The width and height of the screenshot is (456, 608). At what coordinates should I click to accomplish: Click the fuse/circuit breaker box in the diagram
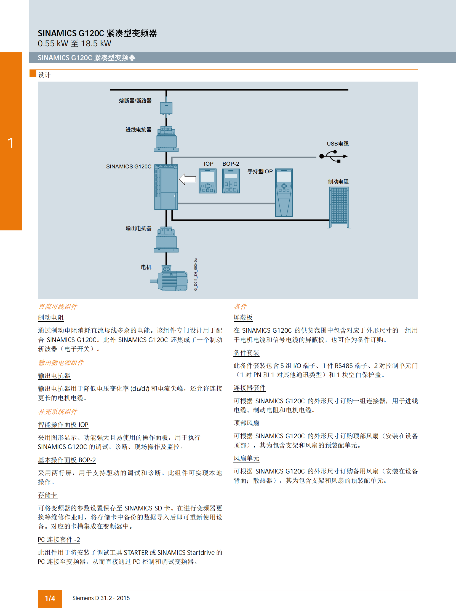click(x=166, y=108)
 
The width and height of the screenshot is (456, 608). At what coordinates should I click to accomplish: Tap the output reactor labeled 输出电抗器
click(x=166, y=240)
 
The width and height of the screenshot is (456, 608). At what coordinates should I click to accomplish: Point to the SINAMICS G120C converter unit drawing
click(x=166, y=187)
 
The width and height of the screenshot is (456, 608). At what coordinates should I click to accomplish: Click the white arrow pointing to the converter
click(x=188, y=179)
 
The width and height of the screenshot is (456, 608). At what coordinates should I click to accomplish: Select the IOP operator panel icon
click(x=207, y=181)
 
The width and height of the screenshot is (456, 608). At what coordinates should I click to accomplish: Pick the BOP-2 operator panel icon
click(x=231, y=181)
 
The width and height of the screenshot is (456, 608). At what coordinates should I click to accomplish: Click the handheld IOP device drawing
click(x=284, y=192)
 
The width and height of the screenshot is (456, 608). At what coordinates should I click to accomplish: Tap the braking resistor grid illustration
click(x=339, y=206)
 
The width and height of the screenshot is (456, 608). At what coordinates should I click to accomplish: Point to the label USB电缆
click(x=338, y=144)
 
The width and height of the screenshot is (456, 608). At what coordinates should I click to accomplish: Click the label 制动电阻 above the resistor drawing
click(x=338, y=182)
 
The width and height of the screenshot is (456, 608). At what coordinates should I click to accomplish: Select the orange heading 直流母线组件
click(x=58, y=306)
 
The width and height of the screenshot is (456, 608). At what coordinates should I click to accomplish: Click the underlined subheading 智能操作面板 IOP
click(x=63, y=424)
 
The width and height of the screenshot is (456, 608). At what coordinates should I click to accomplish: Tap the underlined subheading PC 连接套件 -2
click(x=59, y=539)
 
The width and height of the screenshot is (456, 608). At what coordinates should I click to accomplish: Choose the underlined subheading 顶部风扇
click(x=246, y=423)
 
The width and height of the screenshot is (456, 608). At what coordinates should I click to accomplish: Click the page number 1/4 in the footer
click(x=50, y=598)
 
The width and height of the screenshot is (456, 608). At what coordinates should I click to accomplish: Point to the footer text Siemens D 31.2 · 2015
click(x=101, y=598)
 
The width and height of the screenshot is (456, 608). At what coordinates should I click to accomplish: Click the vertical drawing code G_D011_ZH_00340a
click(x=196, y=274)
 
